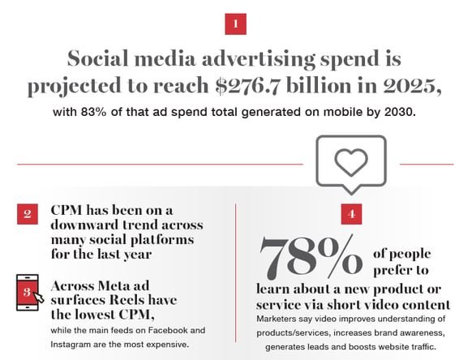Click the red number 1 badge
pos(235,24)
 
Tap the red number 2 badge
pos(27,214)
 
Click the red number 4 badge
pos(351,215)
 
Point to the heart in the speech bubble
pos(351,162)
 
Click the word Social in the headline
pos(105,60)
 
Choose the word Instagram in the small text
pos(76,344)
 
